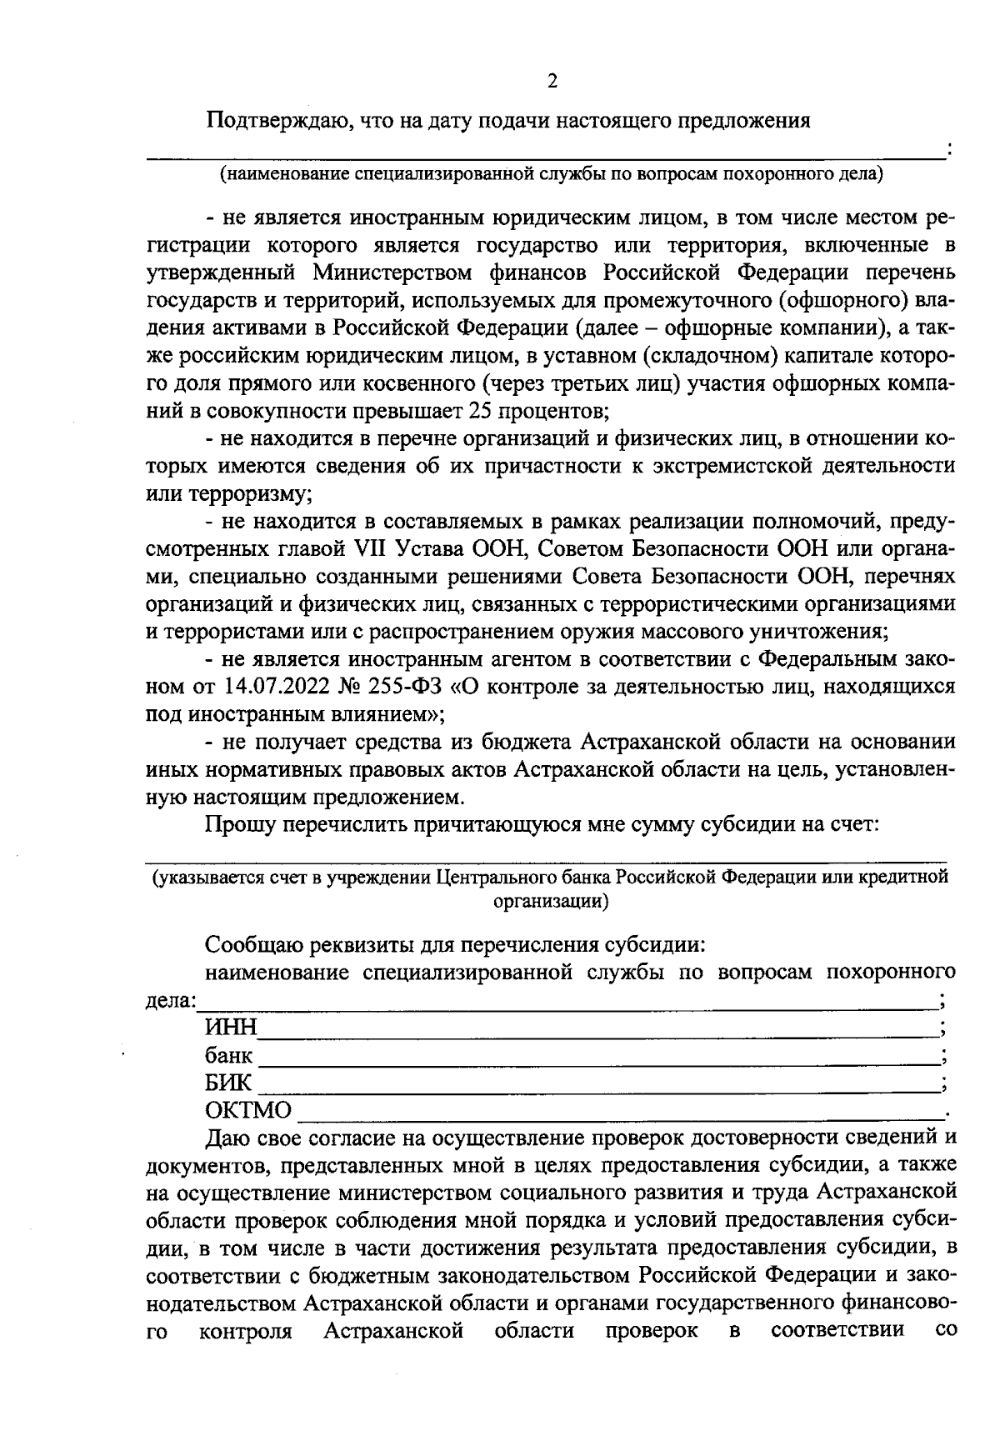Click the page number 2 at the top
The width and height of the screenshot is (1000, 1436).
(x=551, y=81)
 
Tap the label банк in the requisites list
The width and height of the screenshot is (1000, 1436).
(x=228, y=1056)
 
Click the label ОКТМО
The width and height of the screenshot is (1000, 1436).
(x=248, y=1111)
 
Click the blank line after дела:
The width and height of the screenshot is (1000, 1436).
(x=567, y=1006)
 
